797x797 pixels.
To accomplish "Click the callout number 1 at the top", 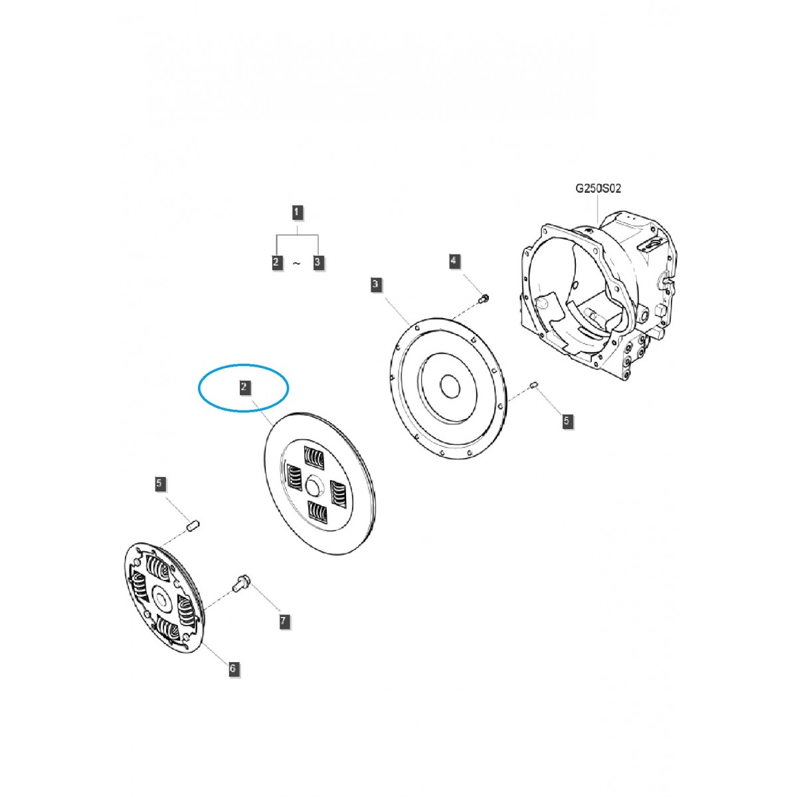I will [x=298, y=213].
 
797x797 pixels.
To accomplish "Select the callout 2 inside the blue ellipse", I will [x=245, y=387].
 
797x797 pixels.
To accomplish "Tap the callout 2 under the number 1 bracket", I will [x=276, y=262].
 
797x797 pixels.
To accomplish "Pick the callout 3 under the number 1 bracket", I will [x=317, y=262].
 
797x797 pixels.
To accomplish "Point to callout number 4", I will [x=454, y=261].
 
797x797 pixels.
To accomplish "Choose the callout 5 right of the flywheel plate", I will [x=566, y=420].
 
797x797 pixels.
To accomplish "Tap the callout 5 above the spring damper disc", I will [x=159, y=484].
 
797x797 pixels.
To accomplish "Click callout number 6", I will [x=232, y=669].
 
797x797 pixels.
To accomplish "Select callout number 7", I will [x=284, y=621].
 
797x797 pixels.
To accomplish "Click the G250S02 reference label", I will [x=598, y=189].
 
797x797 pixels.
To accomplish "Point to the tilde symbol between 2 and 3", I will [x=296, y=264].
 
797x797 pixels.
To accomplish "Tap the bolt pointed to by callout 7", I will [x=239, y=584].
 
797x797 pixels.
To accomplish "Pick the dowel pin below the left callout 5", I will [x=192, y=526].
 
